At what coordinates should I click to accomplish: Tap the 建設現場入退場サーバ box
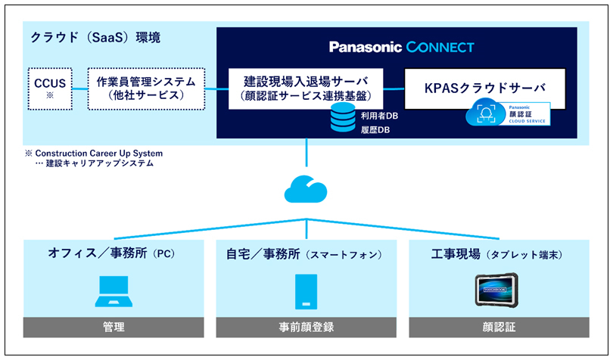[x=305, y=88]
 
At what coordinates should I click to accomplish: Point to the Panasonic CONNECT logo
[x=402, y=47]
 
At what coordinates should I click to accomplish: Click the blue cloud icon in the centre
[x=306, y=186]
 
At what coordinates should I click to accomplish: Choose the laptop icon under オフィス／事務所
[x=114, y=290]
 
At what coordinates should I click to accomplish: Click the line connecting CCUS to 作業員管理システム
[x=79, y=88]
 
